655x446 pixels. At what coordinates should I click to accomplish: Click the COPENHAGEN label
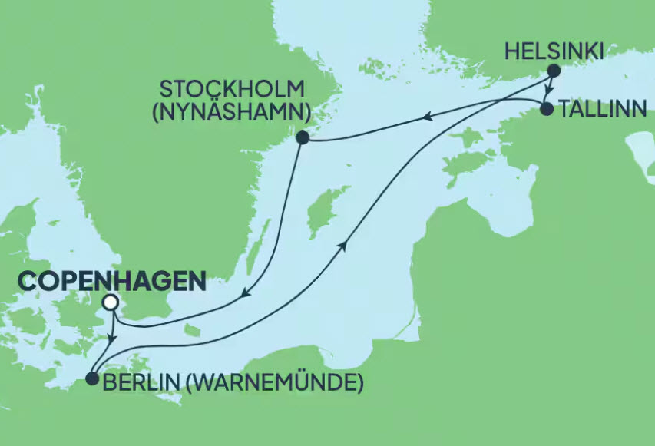pos(111,281)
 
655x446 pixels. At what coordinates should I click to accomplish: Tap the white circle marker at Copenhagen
pos(111,302)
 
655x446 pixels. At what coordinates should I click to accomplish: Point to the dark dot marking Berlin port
pos(91,378)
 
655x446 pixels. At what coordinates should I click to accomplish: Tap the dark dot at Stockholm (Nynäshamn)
pos(302,137)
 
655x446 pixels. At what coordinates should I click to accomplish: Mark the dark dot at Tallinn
pos(546,109)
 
